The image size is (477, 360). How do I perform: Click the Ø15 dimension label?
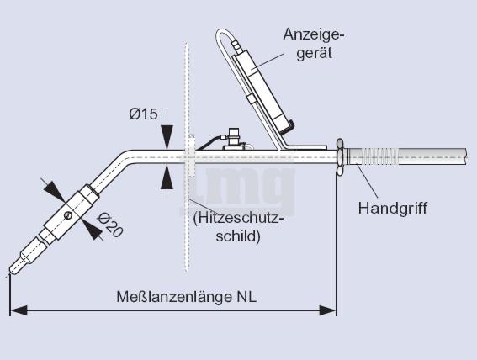[143, 114]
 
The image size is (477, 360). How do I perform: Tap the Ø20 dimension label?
[110, 225]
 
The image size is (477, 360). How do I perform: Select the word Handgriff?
[393, 209]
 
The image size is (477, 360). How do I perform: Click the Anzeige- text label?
[314, 35]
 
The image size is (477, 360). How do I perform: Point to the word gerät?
[315, 53]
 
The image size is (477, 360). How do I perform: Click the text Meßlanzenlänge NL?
[187, 297]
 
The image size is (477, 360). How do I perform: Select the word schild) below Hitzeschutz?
[238, 236]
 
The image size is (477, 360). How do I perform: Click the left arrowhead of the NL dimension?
[19, 310]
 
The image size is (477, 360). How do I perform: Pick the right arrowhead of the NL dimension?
[327, 310]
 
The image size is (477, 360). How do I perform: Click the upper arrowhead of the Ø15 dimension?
[167, 136]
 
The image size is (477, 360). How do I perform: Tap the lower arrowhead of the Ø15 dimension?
[167, 178]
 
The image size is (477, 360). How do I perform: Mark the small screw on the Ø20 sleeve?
[68, 215]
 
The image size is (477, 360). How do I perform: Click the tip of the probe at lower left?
[11, 272]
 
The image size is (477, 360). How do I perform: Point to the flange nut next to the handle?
[340, 157]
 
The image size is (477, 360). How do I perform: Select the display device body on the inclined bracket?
[262, 92]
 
